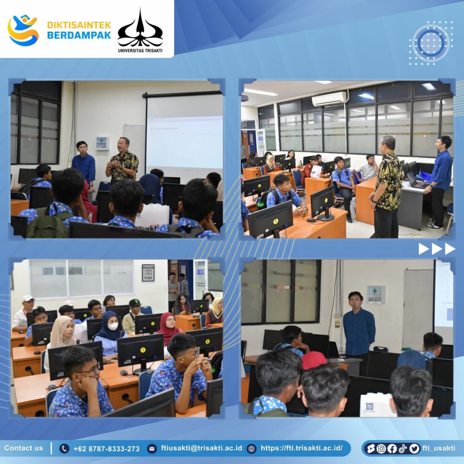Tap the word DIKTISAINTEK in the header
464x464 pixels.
(x=79, y=25)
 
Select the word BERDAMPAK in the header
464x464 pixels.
(x=79, y=35)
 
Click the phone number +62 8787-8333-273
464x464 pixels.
(x=106, y=449)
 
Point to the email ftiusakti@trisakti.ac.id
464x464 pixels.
(x=202, y=448)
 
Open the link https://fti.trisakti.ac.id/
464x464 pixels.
(x=301, y=448)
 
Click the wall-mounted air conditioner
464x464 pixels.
(x=329, y=99)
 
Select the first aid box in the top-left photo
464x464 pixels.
(x=102, y=143)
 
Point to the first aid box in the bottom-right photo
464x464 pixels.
(x=376, y=294)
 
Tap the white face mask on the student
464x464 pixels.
(x=113, y=326)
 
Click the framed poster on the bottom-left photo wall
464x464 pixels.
(x=148, y=272)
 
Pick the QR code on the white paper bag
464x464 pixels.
(x=370, y=406)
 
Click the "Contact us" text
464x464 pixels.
(x=24, y=448)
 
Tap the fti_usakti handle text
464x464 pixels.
(x=439, y=448)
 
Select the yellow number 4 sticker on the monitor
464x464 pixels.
(x=276, y=221)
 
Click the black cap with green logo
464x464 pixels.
(x=135, y=302)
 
